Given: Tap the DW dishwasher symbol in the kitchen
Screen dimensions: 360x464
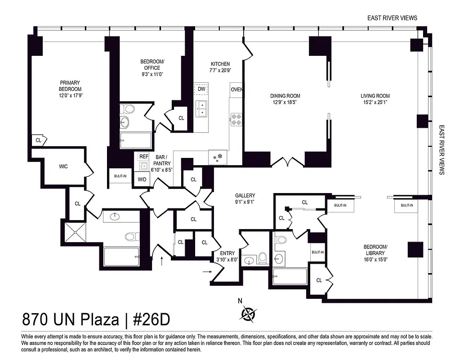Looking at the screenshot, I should click(201, 89).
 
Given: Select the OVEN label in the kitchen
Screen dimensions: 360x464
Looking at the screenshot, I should click(236, 89).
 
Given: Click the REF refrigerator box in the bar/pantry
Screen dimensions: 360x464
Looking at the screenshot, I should click(143, 157).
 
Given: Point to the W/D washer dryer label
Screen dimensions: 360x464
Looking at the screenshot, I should click(142, 180).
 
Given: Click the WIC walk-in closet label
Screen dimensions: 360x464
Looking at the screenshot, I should click(63, 166).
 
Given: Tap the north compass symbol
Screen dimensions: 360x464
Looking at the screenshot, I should click(247, 313).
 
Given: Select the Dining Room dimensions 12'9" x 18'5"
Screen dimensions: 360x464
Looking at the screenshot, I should click(285, 102).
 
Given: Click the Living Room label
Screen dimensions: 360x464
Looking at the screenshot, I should click(375, 96).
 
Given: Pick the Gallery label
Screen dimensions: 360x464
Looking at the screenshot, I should click(245, 196).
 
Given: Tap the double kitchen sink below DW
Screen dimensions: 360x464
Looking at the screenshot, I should click(201, 108).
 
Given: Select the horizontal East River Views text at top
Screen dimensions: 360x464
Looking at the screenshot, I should click(392, 18).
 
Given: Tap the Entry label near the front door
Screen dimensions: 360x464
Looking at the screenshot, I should click(227, 253).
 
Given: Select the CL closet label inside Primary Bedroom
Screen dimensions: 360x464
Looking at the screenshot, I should click(38, 140).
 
